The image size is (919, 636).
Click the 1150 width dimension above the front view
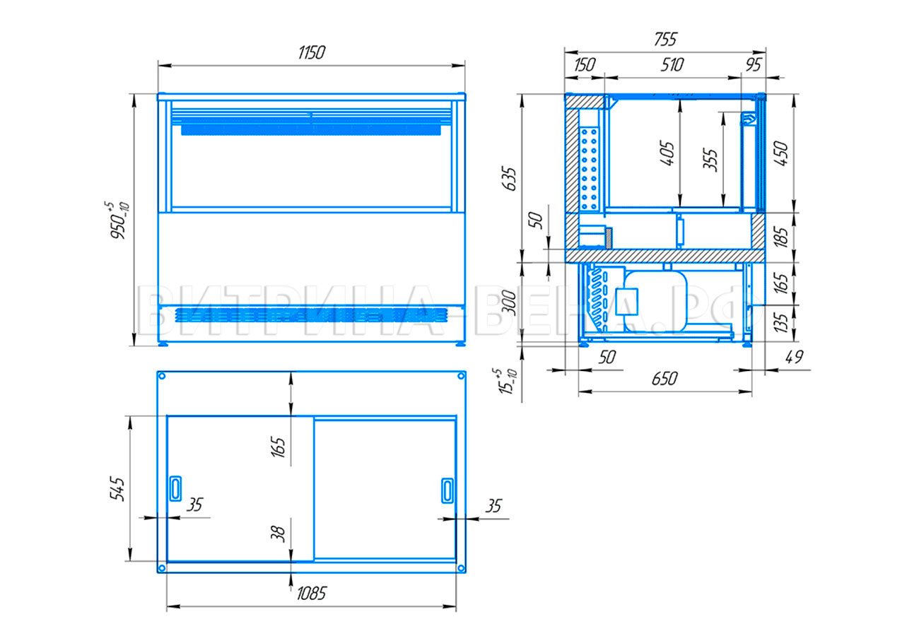tap(311, 53)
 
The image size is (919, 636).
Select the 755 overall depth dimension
tap(665, 40)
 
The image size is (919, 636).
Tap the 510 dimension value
tap(672, 65)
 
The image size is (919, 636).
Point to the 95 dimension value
tap(754, 65)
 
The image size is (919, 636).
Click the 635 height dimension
tap(510, 178)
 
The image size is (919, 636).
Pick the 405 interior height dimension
tap(667, 154)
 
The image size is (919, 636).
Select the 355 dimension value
tap(710, 160)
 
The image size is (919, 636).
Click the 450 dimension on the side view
tap(781, 154)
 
